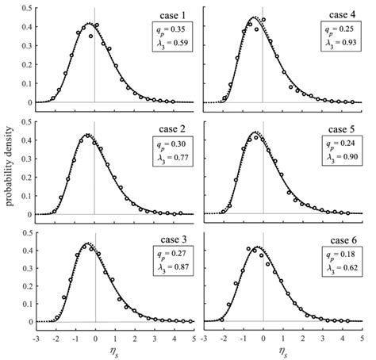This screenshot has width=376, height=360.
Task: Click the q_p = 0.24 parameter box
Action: pos(340,151)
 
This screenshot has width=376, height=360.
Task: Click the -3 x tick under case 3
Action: pos(36,336)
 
